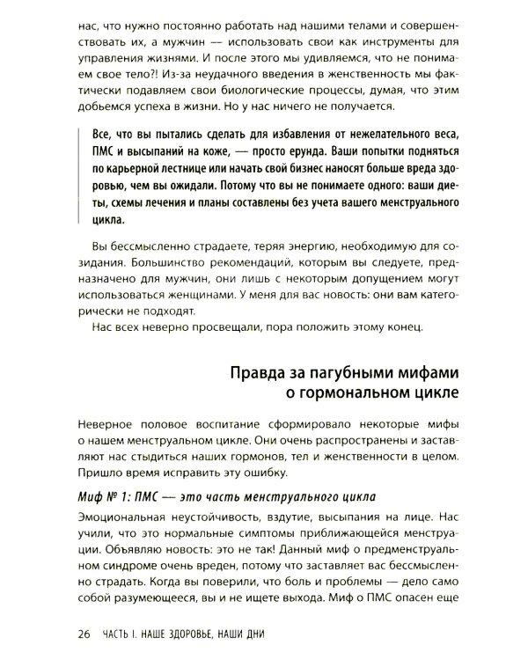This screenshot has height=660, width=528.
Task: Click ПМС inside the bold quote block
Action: click(x=92, y=152)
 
